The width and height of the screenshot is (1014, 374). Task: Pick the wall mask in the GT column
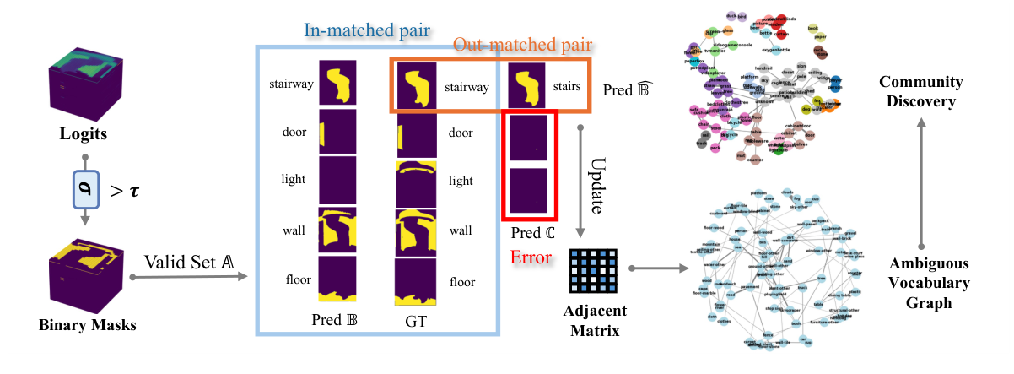pos(417,230)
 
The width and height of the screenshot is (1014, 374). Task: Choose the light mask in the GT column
pos(417,181)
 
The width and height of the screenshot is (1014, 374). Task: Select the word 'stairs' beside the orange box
pos(565,85)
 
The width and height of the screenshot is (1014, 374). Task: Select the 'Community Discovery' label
pos(921,92)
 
